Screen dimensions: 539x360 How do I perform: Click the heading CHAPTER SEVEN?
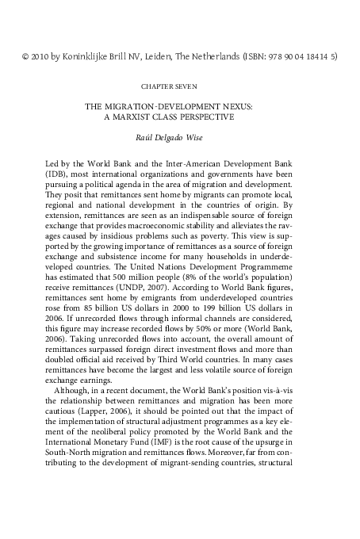[x=180, y=83]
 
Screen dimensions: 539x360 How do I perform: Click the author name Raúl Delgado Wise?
[x=180, y=136]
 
